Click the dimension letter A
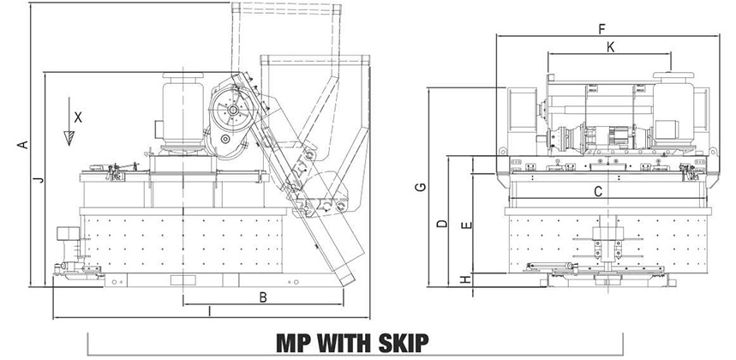(22, 145)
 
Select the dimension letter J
(40, 179)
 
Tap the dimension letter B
(263, 297)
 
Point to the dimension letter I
(209, 311)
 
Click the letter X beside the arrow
(78, 117)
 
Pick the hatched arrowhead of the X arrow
(69, 138)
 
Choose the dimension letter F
(601, 29)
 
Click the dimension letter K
(610, 47)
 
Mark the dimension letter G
(421, 187)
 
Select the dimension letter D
(442, 224)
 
